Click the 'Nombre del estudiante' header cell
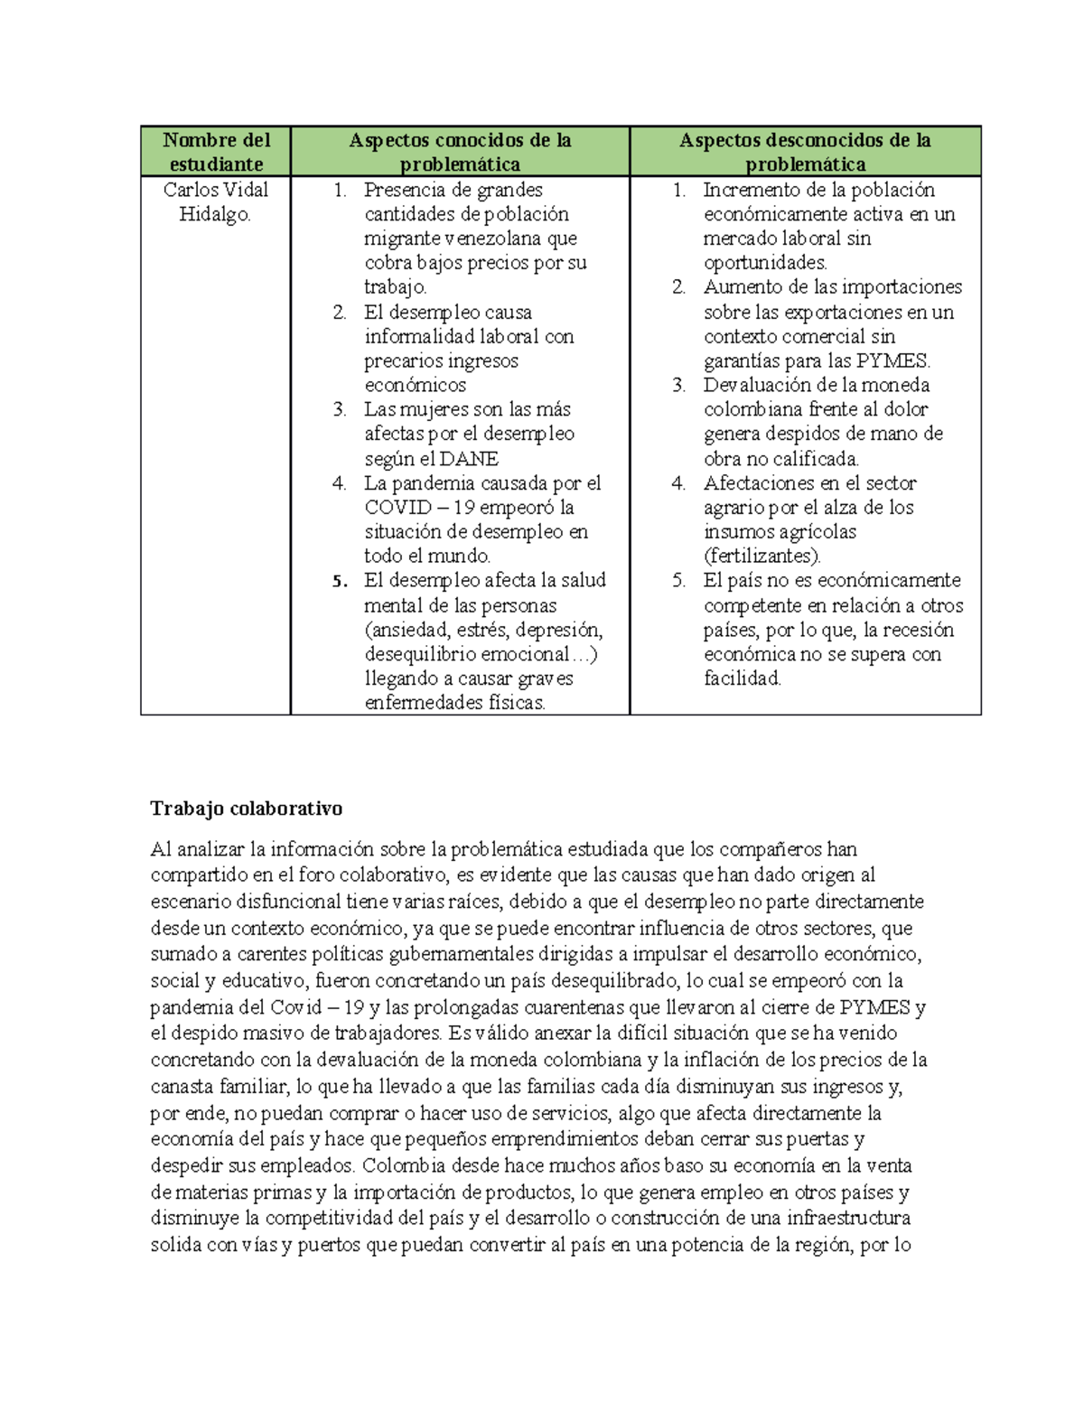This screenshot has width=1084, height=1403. click(x=216, y=152)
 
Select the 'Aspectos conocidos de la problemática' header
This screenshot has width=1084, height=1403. click(x=460, y=152)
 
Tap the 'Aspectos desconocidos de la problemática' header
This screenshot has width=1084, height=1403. click(x=805, y=152)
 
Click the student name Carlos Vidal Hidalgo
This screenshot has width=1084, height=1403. click(x=216, y=201)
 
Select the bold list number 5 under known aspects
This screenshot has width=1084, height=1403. click(x=339, y=581)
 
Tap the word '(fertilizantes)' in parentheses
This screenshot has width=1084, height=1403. click(x=762, y=557)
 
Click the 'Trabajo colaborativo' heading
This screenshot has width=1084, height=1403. click(x=246, y=808)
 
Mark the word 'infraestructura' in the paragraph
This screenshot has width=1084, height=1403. click(x=849, y=1218)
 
